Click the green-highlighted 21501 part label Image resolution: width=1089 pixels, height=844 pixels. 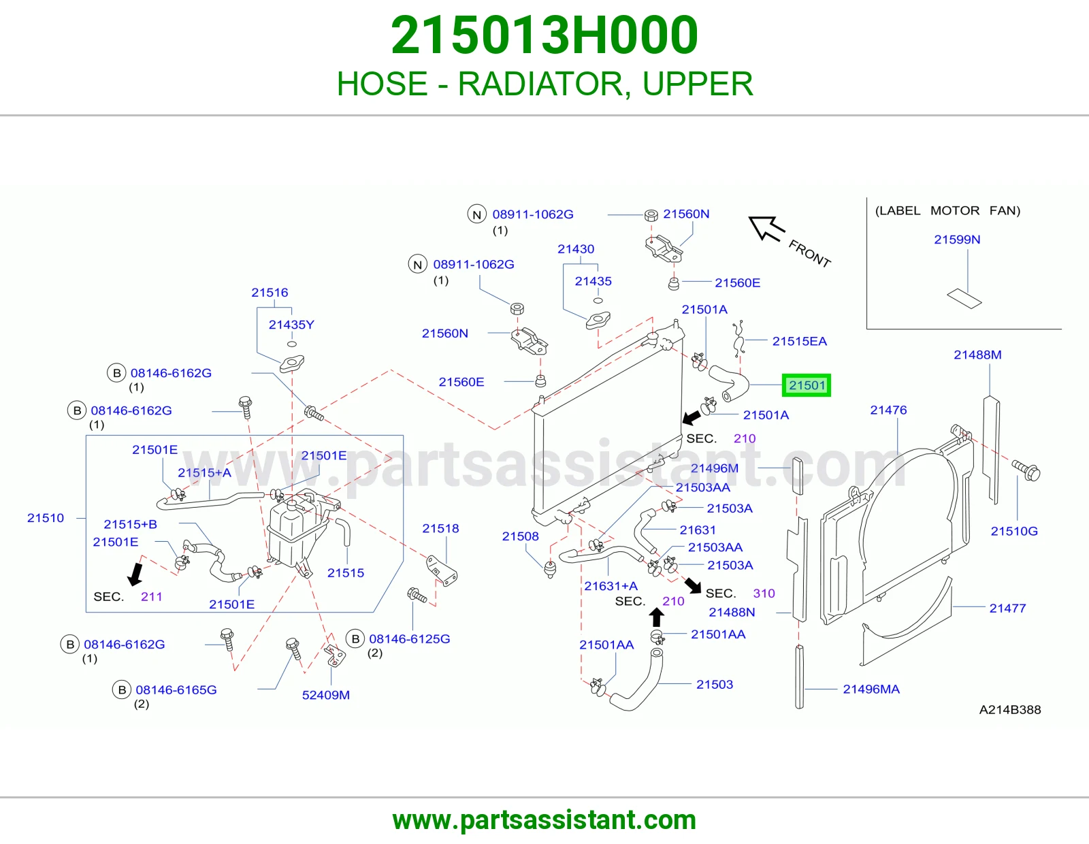(807, 385)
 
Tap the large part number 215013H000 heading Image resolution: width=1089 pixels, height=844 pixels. (544, 35)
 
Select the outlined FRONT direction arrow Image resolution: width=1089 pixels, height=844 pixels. (766, 228)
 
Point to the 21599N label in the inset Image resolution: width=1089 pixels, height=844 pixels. (957, 240)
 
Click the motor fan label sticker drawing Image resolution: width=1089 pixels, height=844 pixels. (964, 299)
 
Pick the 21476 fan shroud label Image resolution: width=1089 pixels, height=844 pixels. (888, 410)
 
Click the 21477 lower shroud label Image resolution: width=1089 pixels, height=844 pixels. (1007, 608)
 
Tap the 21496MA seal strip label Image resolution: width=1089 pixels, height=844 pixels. (871, 689)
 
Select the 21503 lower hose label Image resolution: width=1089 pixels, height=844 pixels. (714, 684)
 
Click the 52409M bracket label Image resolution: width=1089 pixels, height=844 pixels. (326, 695)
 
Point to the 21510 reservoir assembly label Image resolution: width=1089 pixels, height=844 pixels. (46, 518)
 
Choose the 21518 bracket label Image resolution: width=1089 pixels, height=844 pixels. (440, 528)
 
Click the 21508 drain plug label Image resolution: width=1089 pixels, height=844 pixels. (520, 536)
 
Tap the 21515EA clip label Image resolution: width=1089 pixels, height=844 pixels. (799, 341)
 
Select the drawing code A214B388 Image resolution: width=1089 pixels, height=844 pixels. (1010, 710)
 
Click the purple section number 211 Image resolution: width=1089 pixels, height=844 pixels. (151, 596)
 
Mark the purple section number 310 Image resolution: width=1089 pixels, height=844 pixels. (764, 594)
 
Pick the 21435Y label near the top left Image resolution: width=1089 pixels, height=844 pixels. (291, 325)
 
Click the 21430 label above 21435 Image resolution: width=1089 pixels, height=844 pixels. (576, 249)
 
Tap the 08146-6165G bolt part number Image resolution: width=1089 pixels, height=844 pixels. (176, 689)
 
